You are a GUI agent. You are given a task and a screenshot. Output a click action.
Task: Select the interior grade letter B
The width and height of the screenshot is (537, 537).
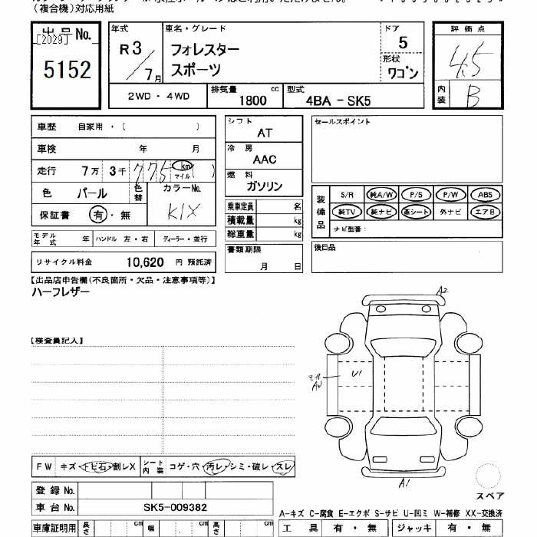pyautogui.click(x=473, y=97)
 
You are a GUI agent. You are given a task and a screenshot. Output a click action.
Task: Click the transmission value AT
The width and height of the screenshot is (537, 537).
pyautogui.click(x=265, y=133)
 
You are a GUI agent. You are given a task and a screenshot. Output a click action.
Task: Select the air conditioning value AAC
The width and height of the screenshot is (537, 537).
pyautogui.click(x=265, y=160)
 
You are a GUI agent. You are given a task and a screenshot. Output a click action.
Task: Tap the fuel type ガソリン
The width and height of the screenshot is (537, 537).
pyautogui.click(x=265, y=186)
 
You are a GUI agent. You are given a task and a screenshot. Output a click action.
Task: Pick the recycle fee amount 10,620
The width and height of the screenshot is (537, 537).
pyautogui.click(x=145, y=262)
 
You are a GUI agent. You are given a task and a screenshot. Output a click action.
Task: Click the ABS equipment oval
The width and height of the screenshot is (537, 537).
pyautogui.click(x=485, y=194)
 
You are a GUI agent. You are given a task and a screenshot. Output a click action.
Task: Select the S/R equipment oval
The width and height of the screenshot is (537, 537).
pyautogui.click(x=347, y=194)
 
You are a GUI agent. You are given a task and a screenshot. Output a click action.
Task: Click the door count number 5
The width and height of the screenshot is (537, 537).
pyautogui.click(x=403, y=44)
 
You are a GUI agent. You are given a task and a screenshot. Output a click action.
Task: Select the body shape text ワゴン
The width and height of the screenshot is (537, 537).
pyautogui.click(x=402, y=74)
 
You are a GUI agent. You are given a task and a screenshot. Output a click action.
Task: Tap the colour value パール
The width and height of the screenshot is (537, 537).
pyautogui.click(x=91, y=193)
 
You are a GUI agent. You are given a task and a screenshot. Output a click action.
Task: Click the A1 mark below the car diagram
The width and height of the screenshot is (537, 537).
pyautogui.click(x=403, y=482)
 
